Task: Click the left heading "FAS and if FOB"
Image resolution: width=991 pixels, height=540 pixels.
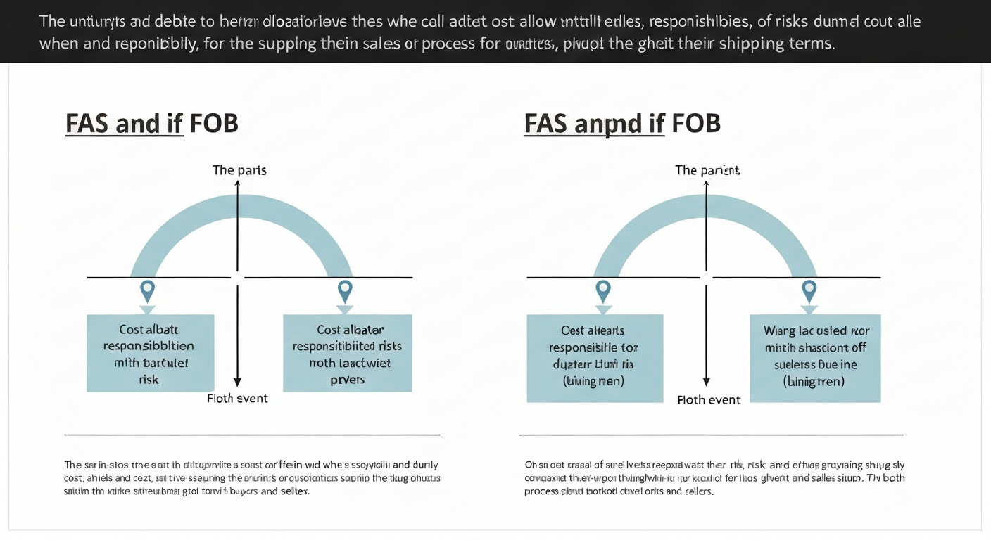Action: coord(151,123)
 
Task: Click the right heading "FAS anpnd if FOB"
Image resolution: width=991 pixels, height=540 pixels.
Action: coord(622,123)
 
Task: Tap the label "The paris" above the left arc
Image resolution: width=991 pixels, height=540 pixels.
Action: coord(239,170)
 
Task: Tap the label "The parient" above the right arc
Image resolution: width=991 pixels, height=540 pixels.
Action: coord(707,170)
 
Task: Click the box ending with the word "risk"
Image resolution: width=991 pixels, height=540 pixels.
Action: coord(150,353)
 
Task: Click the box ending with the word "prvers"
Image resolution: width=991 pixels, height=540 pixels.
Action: coord(347,353)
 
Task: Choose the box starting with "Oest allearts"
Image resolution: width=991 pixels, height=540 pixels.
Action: coord(595,358)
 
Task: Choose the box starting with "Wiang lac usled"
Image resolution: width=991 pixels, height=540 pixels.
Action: coord(815,358)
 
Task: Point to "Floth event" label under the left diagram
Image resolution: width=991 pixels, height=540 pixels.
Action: coord(237,399)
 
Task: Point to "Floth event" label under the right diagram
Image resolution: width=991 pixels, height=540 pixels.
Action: coord(708,400)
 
